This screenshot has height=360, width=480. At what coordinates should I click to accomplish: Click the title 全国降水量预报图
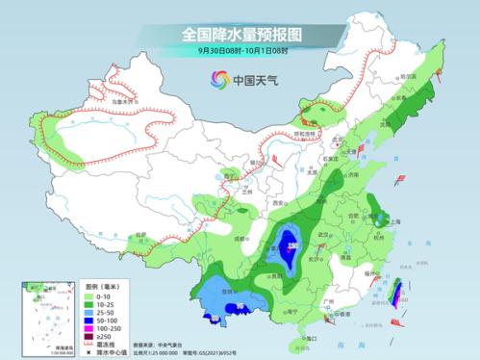point(240,35)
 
